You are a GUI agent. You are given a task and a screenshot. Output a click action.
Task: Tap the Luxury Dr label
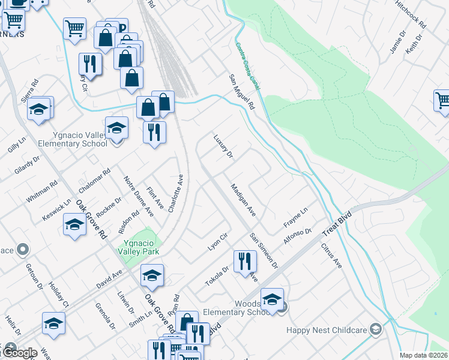pyautogui.click(x=223, y=146)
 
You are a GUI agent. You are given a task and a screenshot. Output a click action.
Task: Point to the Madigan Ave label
pyautogui.click(x=243, y=200)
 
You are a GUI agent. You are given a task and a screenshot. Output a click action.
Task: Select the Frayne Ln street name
pyautogui.click(x=295, y=217)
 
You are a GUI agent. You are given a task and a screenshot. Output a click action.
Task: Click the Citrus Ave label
pyautogui.click(x=331, y=256)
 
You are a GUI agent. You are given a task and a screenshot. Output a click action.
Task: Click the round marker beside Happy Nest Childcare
pyautogui.click(x=376, y=329)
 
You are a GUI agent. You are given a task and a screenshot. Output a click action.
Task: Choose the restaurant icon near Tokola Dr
pyautogui.click(x=245, y=262)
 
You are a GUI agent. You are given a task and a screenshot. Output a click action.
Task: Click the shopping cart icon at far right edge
pyautogui.click(x=442, y=100)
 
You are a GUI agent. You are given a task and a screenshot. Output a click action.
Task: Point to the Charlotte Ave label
pyautogui.click(x=175, y=194)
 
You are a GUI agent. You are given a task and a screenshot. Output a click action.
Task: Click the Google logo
pyautogui.click(x=19, y=353)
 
